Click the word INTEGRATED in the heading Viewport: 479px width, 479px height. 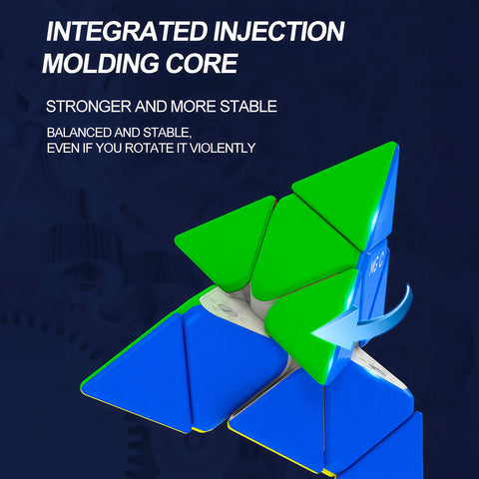(x=127, y=32)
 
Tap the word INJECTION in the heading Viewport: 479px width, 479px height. (x=278, y=32)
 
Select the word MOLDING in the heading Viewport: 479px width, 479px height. (x=101, y=63)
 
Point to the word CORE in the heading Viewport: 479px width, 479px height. (x=202, y=63)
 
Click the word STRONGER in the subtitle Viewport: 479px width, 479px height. (x=89, y=107)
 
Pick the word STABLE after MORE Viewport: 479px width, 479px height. (x=248, y=107)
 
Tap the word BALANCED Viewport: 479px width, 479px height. (x=79, y=133)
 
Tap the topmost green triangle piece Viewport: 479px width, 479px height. (x=347, y=192)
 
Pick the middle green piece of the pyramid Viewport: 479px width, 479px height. (x=299, y=246)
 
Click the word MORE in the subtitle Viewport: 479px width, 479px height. (x=194, y=107)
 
